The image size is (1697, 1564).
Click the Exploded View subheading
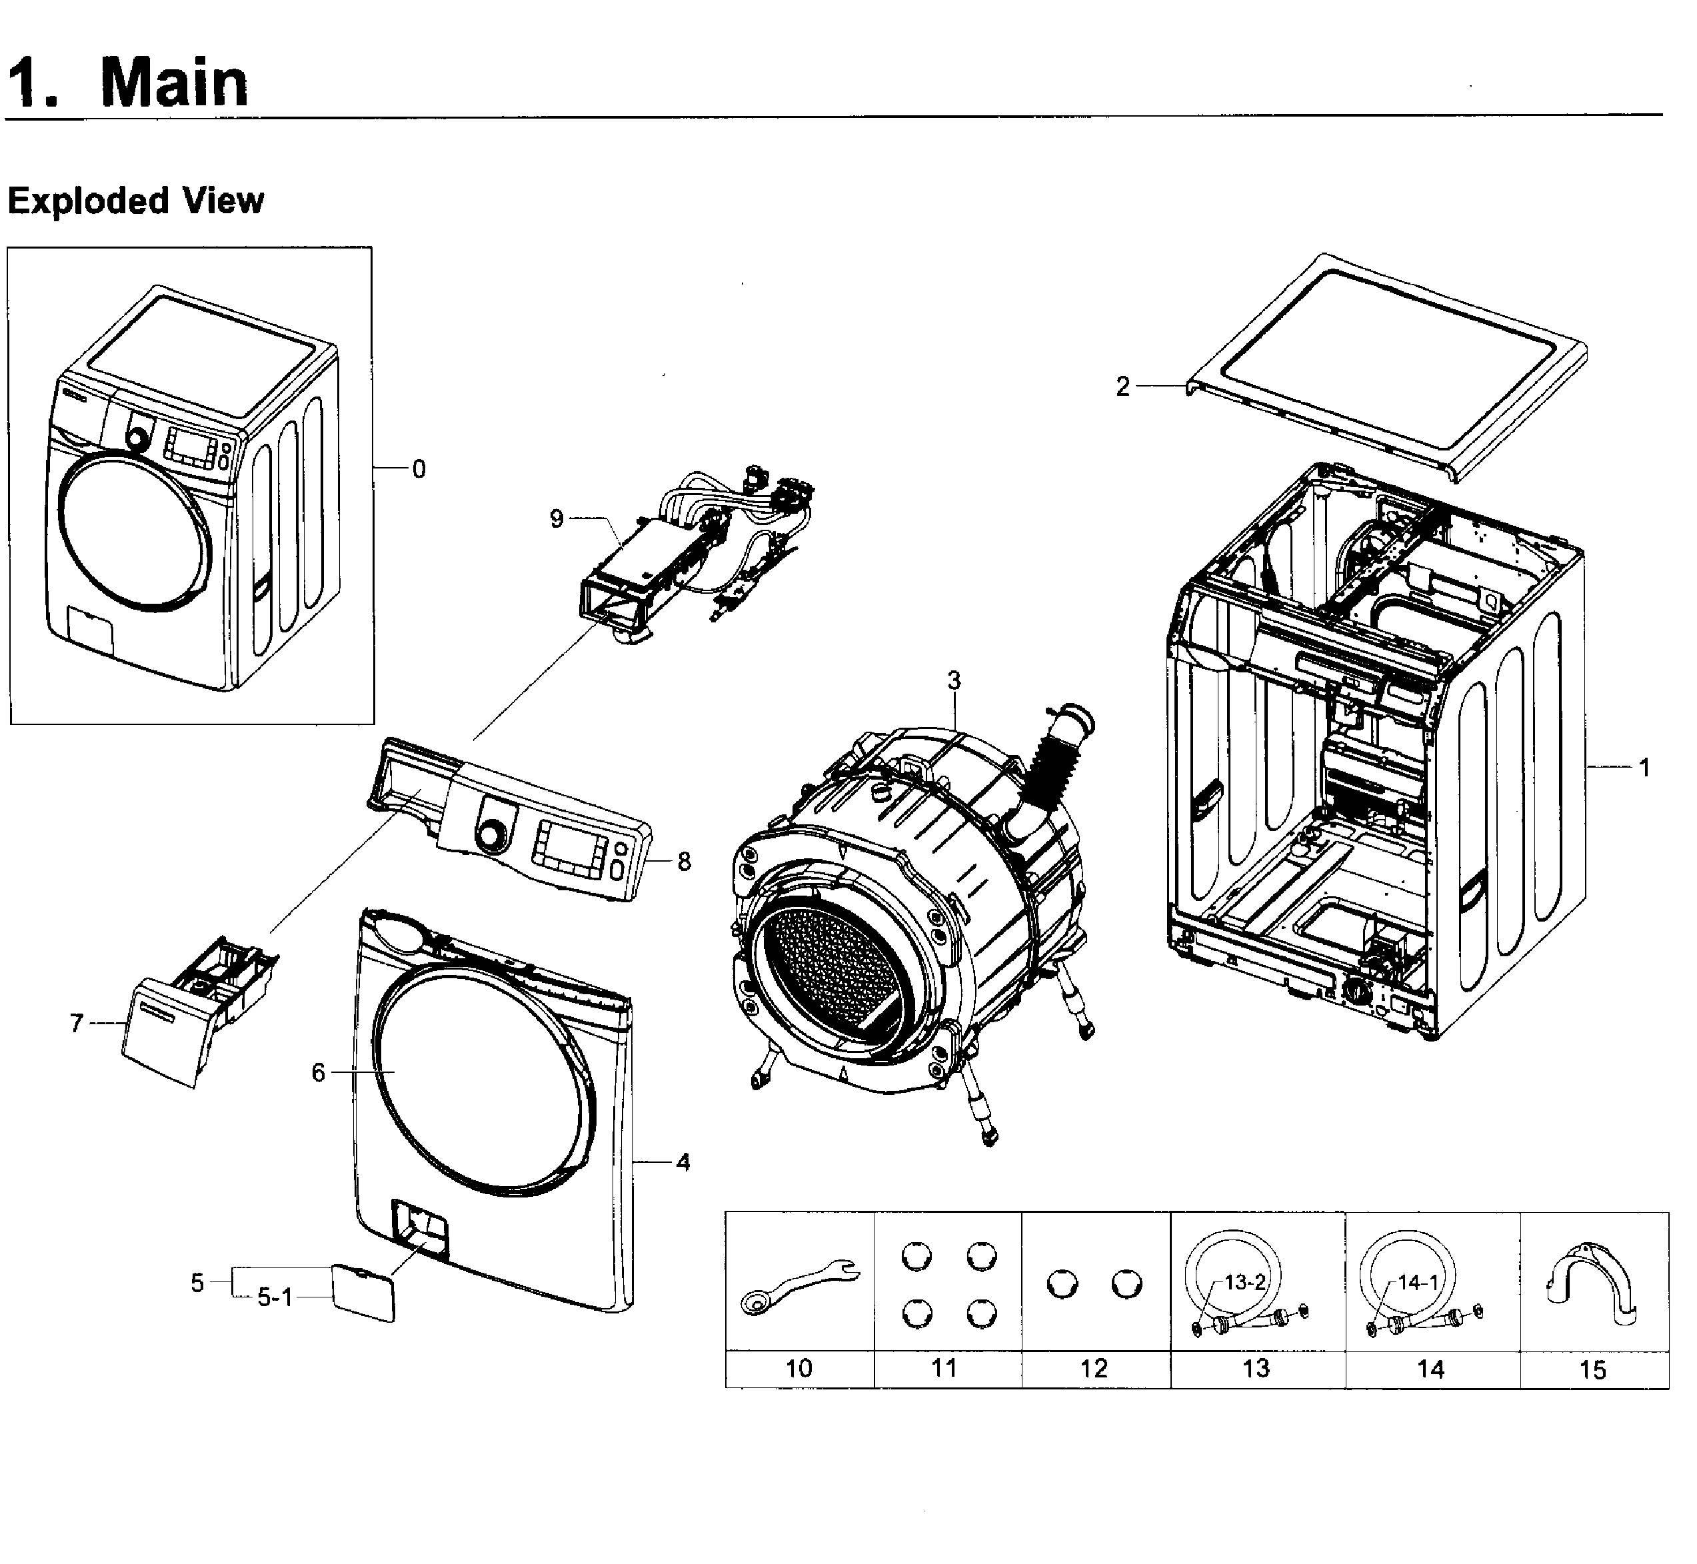coord(135,201)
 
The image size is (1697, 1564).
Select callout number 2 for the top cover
coord(1122,387)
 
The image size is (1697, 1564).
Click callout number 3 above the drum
coord(954,680)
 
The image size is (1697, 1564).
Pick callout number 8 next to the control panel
coord(684,862)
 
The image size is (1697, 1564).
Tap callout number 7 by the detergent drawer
coord(76,1023)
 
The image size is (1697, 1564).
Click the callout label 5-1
coord(274,1297)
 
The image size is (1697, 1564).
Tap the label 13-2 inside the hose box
coord(1244,1282)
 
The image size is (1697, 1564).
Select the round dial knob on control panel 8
coord(489,836)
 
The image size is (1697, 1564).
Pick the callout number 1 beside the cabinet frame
coord(1644,768)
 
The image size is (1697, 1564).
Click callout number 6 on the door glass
coord(318,1072)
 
